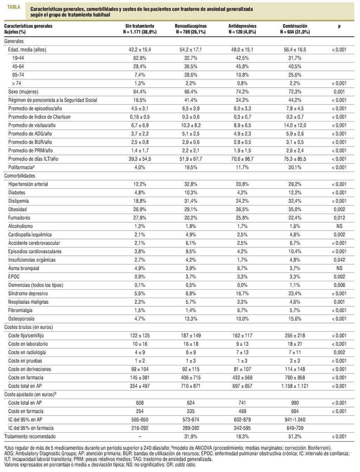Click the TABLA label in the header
click(x=14, y=7)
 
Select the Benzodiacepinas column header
click(x=191, y=26)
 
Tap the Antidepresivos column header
click(x=242, y=26)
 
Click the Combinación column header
click(x=295, y=26)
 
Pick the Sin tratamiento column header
click(x=140, y=26)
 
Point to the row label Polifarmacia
click(x=21, y=167)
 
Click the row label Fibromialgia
click(x=20, y=310)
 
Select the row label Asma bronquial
click(x=24, y=268)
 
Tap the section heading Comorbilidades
click(x=20, y=176)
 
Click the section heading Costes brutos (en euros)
click(x=28, y=327)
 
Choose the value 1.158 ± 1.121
click(x=295, y=386)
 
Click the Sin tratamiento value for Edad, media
click(x=140, y=50)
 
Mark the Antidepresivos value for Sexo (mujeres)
click(x=242, y=92)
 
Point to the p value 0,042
click(x=339, y=260)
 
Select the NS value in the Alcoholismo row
click(x=339, y=226)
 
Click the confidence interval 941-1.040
click(x=295, y=420)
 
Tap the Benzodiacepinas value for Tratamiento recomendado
click(x=191, y=436)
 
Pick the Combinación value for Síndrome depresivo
click(x=295, y=294)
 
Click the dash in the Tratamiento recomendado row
click(x=140, y=436)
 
